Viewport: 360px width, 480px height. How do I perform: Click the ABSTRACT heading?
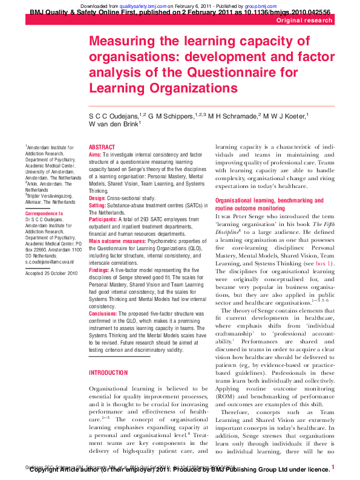[x=101, y=147]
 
